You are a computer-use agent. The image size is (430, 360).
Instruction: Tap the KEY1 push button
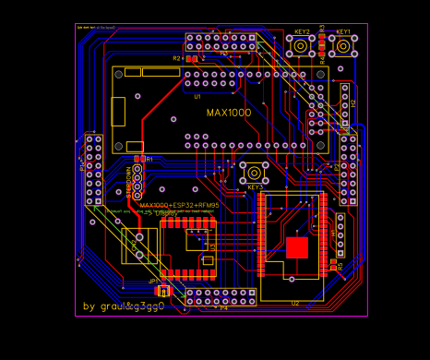point(343,46)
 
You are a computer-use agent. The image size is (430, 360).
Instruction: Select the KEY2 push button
point(302,46)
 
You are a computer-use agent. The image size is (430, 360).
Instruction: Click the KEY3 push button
point(255,172)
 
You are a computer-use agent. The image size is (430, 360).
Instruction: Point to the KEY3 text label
point(256,187)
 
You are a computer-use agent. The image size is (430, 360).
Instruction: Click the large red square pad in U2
point(297,247)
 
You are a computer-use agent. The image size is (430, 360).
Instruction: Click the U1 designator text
point(197,96)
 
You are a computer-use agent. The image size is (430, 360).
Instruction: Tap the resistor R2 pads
point(191,58)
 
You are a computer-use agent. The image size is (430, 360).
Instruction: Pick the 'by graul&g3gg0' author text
point(124,306)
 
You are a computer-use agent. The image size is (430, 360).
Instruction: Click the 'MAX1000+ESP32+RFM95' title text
point(179,205)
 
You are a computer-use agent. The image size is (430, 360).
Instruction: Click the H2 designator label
point(353,104)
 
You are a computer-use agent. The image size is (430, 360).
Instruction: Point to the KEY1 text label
point(343,31)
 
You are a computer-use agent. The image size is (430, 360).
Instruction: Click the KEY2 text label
point(302,31)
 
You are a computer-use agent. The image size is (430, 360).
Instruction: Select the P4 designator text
point(223,307)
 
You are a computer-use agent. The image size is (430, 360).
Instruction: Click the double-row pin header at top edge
point(221,42)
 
